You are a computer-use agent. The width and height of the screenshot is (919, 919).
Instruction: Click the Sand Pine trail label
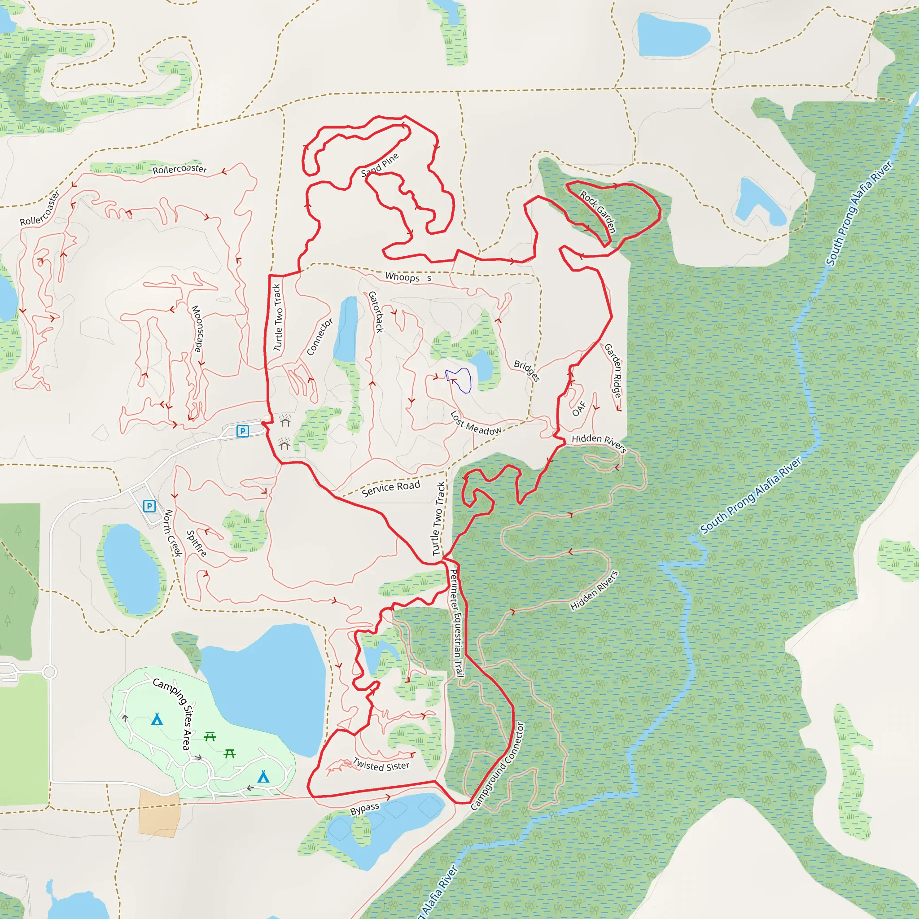click(x=380, y=165)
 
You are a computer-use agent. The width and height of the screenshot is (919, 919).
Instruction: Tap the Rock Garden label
click(x=598, y=212)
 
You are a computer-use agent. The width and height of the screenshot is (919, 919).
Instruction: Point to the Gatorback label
click(x=376, y=311)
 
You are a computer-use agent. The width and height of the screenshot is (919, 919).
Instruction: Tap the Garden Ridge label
click(x=613, y=371)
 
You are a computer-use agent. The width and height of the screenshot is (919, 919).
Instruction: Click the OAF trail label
click(x=579, y=409)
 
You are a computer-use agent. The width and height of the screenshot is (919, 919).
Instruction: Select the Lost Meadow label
click(x=475, y=423)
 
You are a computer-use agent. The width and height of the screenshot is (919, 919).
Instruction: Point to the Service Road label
click(x=390, y=488)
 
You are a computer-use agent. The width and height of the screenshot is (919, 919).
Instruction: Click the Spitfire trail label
click(x=197, y=543)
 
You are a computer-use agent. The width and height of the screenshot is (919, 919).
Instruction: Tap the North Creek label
click(x=173, y=533)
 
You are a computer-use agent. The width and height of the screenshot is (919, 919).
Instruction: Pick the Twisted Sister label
click(x=381, y=765)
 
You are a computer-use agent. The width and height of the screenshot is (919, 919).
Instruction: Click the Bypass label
click(x=364, y=809)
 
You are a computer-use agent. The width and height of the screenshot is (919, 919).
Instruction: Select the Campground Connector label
click(x=497, y=766)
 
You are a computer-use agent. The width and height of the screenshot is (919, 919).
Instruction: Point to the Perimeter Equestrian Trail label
click(x=456, y=623)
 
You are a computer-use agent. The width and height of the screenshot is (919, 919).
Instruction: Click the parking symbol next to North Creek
click(x=149, y=506)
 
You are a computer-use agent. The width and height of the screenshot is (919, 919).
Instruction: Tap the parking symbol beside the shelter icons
click(x=243, y=431)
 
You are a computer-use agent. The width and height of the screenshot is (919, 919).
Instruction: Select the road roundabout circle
click(x=49, y=672)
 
